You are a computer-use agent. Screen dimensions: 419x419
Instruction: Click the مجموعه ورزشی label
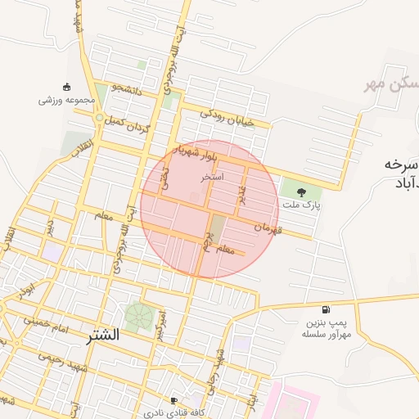[x=66, y=101]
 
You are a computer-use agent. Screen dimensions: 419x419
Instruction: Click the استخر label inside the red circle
[x=212, y=176]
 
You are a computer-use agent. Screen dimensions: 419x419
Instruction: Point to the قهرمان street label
[x=268, y=226]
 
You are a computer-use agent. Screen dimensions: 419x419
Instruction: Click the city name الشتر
[x=101, y=335]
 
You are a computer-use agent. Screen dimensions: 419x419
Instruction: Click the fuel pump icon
[x=327, y=310]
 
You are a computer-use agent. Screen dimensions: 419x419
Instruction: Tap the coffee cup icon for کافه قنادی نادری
[x=173, y=401]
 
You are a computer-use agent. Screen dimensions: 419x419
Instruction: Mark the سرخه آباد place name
[x=400, y=175]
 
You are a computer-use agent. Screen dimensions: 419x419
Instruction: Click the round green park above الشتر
[x=137, y=315]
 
